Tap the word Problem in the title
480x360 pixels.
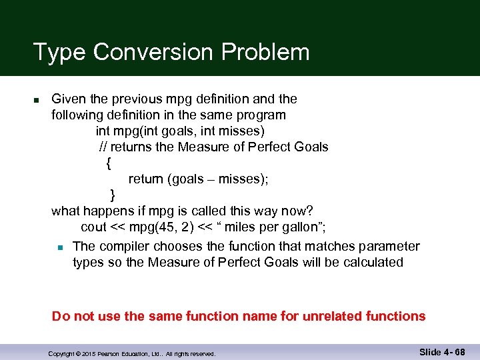pos(276,52)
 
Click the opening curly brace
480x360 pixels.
pos(109,163)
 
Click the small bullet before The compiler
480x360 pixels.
pos(60,247)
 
